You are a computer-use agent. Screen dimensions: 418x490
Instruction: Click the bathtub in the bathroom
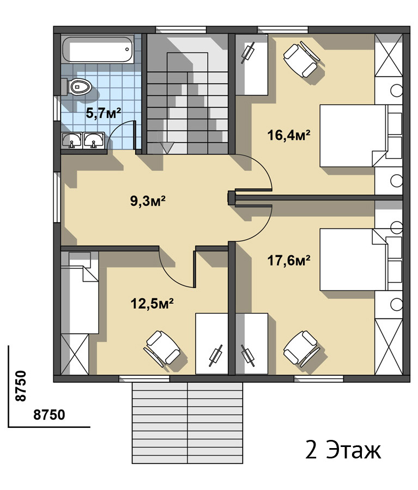(x=98, y=50)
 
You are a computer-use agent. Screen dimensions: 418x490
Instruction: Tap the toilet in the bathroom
(x=78, y=87)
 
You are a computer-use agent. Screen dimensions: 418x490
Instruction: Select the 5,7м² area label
(x=104, y=113)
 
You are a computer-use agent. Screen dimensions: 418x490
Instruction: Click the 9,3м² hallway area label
(x=148, y=201)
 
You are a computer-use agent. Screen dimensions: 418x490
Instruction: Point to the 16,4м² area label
(x=289, y=135)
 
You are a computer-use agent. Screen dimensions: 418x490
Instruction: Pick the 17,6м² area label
(x=289, y=260)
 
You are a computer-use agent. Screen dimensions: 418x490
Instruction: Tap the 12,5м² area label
(x=152, y=303)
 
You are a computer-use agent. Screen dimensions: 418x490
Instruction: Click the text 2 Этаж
(x=343, y=450)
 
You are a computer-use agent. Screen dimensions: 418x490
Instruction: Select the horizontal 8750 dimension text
(x=49, y=415)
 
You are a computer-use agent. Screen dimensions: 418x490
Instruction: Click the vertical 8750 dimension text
(x=20, y=385)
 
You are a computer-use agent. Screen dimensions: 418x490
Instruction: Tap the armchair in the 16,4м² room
(x=301, y=60)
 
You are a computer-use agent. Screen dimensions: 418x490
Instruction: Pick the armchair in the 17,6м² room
(x=301, y=349)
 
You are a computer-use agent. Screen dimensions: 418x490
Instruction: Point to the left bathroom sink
(x=72, y=140)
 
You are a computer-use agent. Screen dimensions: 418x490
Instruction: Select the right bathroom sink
(x=94, y=140)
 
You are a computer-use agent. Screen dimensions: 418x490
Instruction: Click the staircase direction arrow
(x=167, y=148)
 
